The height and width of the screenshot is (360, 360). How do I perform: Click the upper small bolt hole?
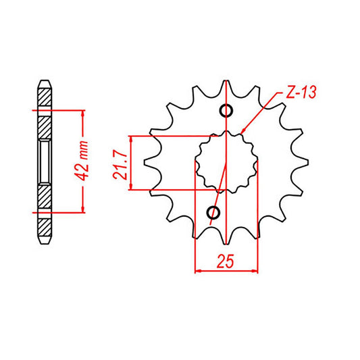click(226, 111)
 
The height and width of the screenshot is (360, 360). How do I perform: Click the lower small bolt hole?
click(214, 214)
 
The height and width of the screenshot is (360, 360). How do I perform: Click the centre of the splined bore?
click(226, 162)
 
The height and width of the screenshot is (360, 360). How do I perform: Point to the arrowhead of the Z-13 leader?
click(242, 130)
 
